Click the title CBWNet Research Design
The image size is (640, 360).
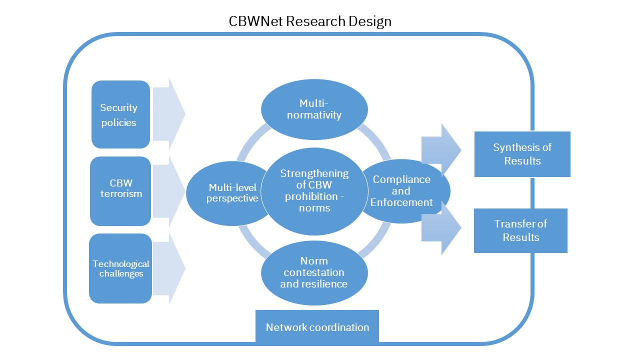[310, 21]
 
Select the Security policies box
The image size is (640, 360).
[120, 114]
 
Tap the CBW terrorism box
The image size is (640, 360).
[120, 191]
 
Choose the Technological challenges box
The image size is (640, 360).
[120, 268]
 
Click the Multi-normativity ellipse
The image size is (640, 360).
[314, 109]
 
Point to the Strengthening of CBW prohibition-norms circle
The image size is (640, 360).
[314, 190]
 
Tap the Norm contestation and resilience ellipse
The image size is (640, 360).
[314, 272]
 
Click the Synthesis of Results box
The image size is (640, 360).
[522, 154]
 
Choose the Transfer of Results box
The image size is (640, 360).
[520, 230]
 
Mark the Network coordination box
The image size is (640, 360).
[317, 327]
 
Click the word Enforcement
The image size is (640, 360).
[401, 202]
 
